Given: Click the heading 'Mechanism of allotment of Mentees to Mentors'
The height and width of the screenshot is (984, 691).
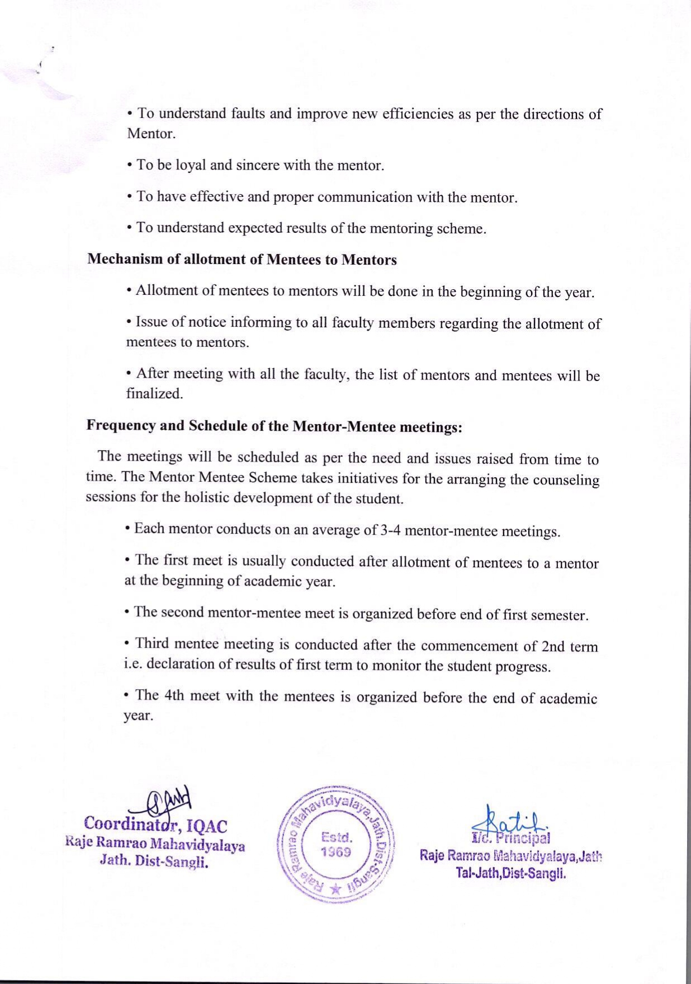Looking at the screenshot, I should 242,260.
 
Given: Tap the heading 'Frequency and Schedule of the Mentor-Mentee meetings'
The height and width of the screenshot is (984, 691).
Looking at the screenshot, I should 274,426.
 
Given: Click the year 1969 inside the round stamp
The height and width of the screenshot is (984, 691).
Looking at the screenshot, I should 335,852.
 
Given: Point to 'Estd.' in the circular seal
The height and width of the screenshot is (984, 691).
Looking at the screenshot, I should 337,837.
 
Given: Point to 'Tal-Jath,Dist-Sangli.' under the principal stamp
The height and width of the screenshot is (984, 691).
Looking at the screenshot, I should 511,873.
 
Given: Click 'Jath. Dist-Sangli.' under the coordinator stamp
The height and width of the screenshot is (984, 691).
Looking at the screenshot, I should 154,861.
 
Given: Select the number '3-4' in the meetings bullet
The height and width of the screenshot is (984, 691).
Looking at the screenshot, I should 390,530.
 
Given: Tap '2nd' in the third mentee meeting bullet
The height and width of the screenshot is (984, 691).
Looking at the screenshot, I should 553,647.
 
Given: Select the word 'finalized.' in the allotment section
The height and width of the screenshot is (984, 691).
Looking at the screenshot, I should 154,394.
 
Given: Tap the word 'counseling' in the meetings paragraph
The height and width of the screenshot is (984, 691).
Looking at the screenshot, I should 569,480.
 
